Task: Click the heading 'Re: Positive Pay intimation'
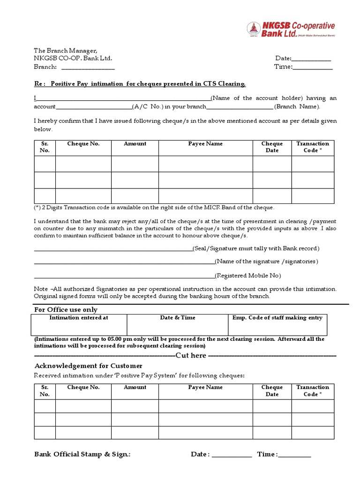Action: coord(140,84)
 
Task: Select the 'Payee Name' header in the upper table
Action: coord(205,144)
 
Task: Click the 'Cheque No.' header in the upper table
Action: coord(83,144)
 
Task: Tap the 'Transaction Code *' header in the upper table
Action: coord(313,147)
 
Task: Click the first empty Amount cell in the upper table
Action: coord(135,164)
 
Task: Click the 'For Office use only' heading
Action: coord(66,310)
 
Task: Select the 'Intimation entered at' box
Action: coord(79,324)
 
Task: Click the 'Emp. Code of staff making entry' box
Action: coord(277,324)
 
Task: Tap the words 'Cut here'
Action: coord(191,356)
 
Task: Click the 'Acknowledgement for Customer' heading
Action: coord(89,366)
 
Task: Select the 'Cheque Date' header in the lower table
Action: coord(272,390)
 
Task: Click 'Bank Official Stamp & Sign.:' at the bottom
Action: coord(82,454)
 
